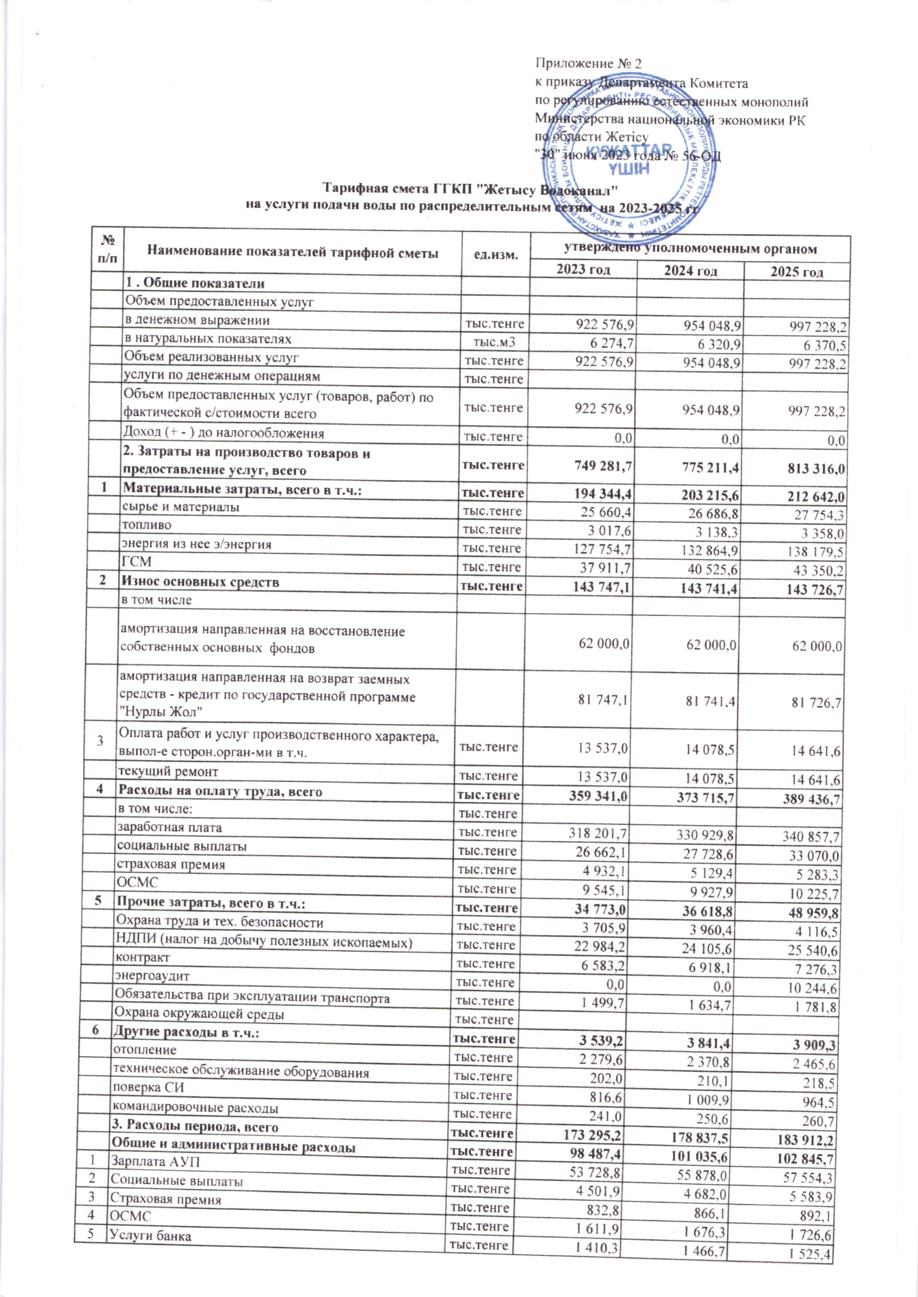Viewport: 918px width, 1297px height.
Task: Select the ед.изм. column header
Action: click(x=496, y=254)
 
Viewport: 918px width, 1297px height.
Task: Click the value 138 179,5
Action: click(x=815, y=551)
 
